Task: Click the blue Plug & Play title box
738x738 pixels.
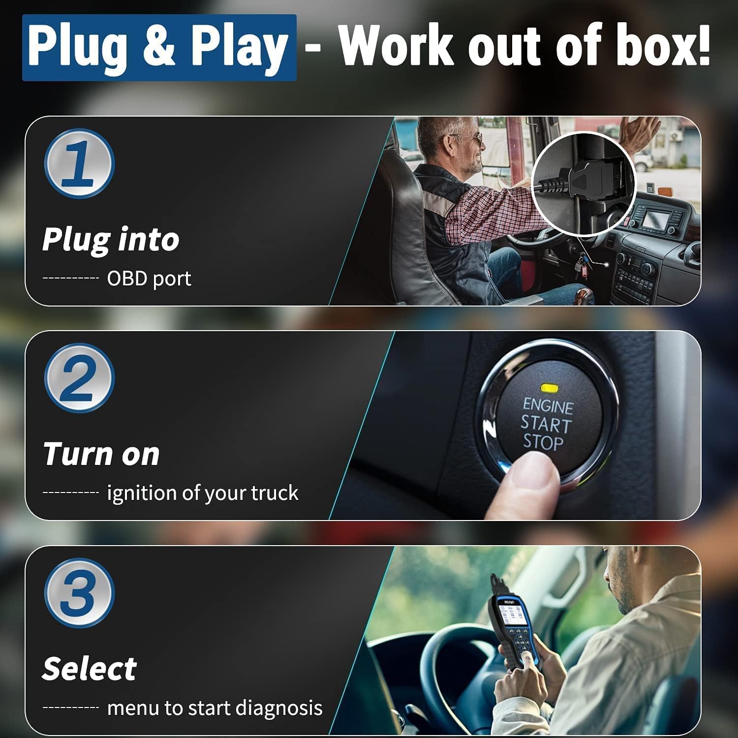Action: coord(159,47)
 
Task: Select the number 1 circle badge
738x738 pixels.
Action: coord(79,163)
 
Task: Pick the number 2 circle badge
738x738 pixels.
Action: coord(79,378)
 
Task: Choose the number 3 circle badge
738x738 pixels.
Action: coord(79,593)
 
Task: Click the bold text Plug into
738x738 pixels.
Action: coord(111,240)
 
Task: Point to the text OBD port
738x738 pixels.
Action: coord(149,278)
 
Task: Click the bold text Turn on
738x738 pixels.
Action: coord(101,454)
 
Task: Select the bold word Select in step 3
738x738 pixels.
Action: coord(89,669)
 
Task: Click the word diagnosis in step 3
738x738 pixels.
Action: coord(278,708)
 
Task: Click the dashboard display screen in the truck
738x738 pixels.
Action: coord(657,217)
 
